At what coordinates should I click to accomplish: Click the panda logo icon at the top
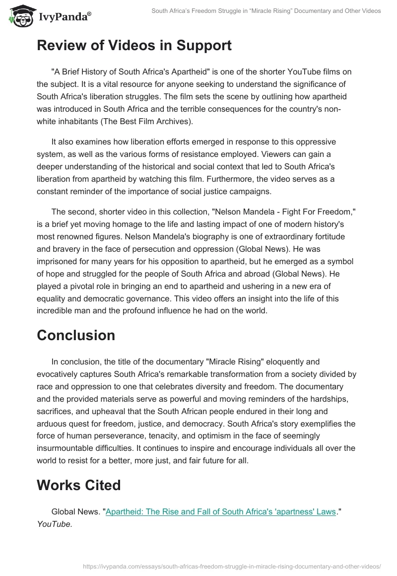point(18,15)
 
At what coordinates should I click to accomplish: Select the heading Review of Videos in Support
point(134,46)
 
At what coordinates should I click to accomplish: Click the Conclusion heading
point(76,335)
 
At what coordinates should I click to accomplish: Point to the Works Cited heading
point(79,485)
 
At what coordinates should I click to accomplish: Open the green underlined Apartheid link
point(221,511)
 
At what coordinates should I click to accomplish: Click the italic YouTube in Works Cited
point(55,524)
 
